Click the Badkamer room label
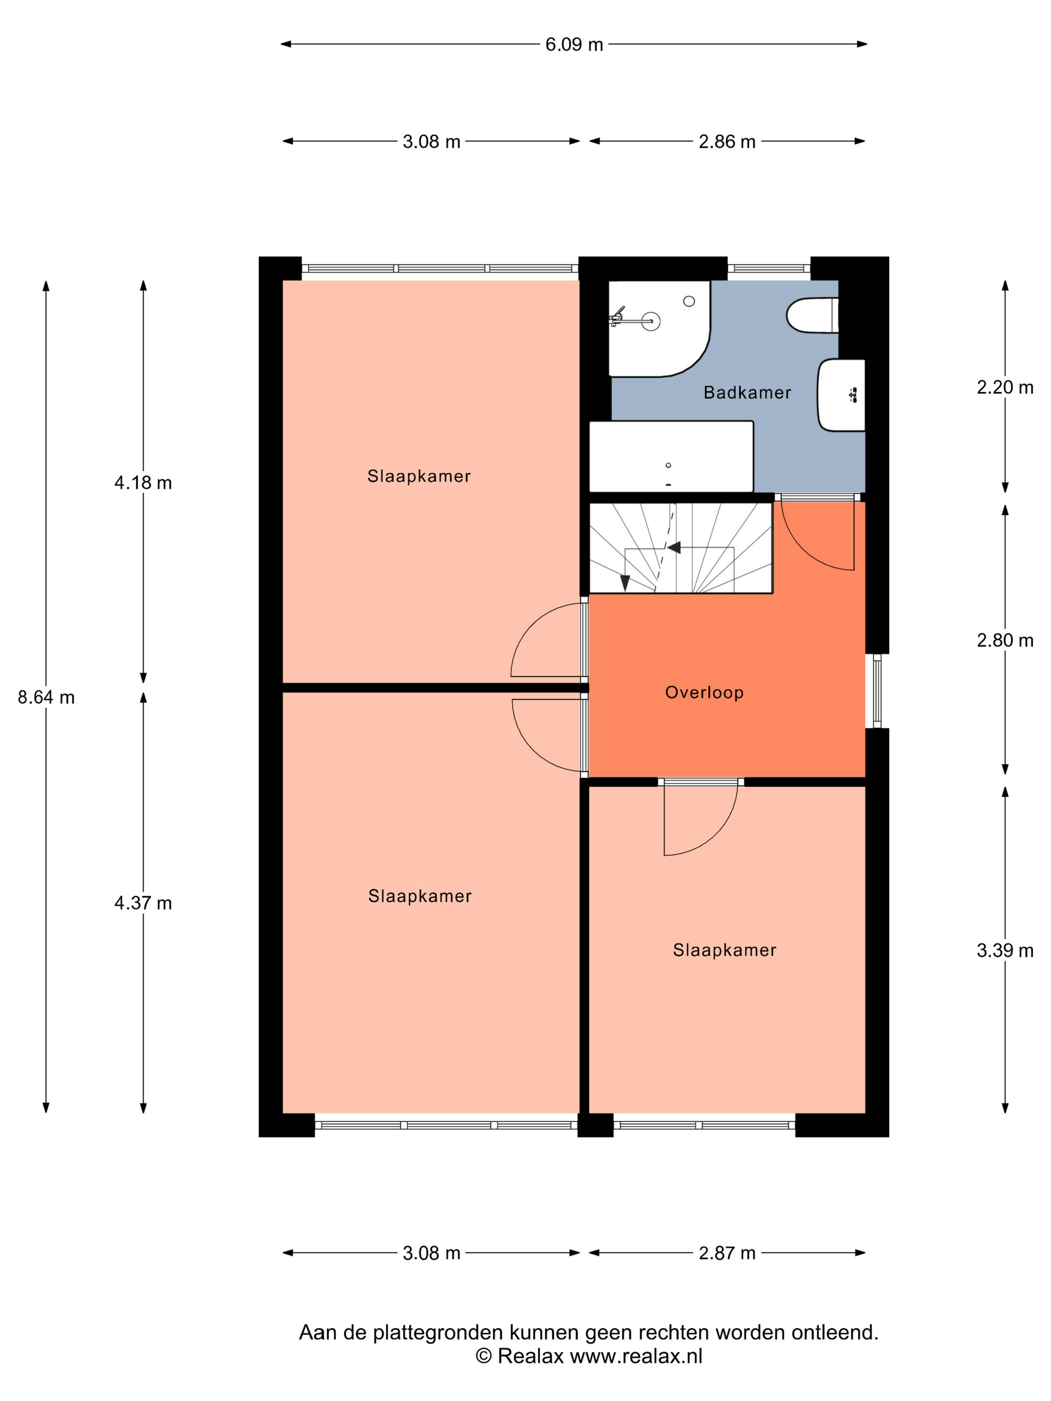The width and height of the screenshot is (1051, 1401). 747,393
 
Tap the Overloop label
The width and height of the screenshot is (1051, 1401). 704,692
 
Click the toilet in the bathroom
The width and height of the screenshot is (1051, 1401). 812,315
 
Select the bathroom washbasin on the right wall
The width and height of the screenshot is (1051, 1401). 841,395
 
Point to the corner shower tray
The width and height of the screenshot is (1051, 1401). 659,329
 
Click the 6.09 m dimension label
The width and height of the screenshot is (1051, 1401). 574,45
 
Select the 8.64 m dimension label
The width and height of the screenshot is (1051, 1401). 46,697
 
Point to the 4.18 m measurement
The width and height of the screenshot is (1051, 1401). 143,483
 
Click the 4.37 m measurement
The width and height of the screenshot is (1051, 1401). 143,903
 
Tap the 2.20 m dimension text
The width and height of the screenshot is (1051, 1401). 1005,388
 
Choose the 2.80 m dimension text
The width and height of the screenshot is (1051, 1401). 1005,640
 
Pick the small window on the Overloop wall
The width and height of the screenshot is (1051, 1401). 877,691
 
